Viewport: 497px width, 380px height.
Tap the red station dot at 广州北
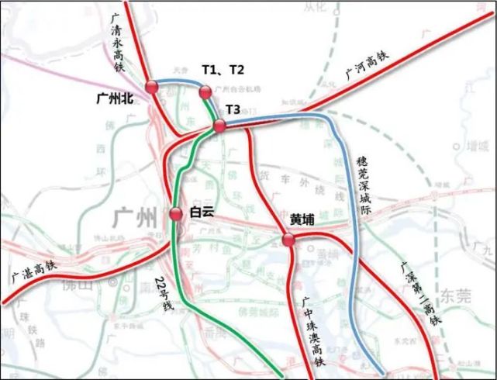click(151, 87)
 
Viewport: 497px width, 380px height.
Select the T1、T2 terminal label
click(223, 70)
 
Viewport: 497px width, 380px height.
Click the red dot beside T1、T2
click(205, 92)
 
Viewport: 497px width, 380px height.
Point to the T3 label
click(234, 108)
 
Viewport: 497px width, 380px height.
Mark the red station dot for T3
click(220, 126)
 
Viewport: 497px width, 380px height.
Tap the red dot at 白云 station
click(176, 214)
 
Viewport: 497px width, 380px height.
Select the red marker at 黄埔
click(288, 241)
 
